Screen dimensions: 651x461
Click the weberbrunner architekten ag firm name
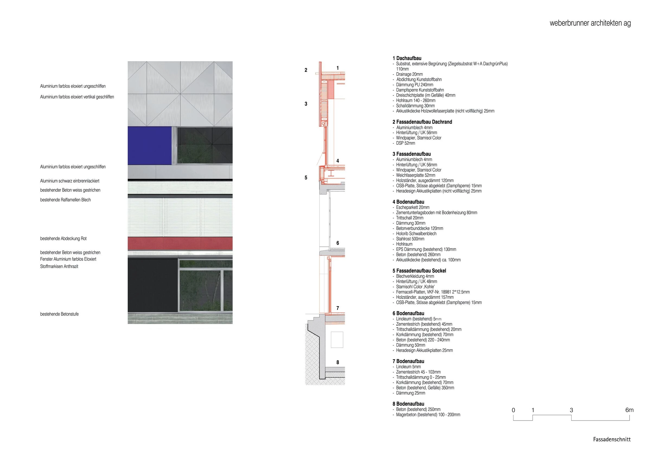pyautogui.click(x=590, y=23)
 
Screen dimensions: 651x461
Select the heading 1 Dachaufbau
pyautogui.click(x=407, y=58)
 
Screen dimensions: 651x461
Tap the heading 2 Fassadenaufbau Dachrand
pyautogui.click(x=422, y=122)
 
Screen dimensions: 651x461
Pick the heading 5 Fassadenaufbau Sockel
pyautogui.click(x=419, y=271)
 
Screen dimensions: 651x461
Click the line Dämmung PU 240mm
pyautogui.click(x=414, y=85)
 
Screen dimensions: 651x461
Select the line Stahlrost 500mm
pyautogui.click(x=410, y=239)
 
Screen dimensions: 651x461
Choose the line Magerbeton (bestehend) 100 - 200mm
pyautogui.click(x=428, y=414)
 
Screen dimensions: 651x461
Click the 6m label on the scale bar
pyautogui.click(x=629, y=410)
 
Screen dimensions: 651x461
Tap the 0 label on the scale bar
pyautogui.click(x=513, y=410)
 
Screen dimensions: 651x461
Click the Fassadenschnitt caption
pyautogui.click(x=612, y=439)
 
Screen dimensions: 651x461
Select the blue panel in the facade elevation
pyautogui.click(x=150, y=145)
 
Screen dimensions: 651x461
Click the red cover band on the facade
pyautogui.click(x=180, y=244)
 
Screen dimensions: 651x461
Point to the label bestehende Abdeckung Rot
pyautogui.click(x=63, y=238)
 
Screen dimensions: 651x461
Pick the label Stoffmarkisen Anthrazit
pyautogui.click(x=59, y=266)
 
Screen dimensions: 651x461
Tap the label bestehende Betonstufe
pyautogui.click(x=59, y=314)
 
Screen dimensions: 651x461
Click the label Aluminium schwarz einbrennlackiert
pyautogui.click(x=69, y=181)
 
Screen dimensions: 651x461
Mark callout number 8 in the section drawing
pyautogui.click(x=337, y=362)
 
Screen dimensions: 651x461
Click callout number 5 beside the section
pyautogui.click(x=306, y=178)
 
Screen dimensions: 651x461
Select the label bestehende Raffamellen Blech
pyautogui.click(x=65, y=200)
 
